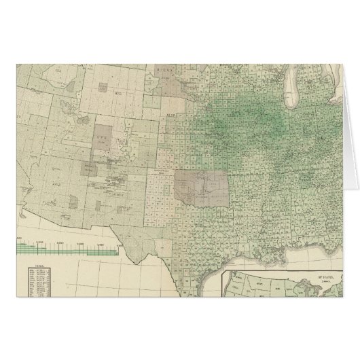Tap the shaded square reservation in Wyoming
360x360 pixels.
[102, 87]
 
